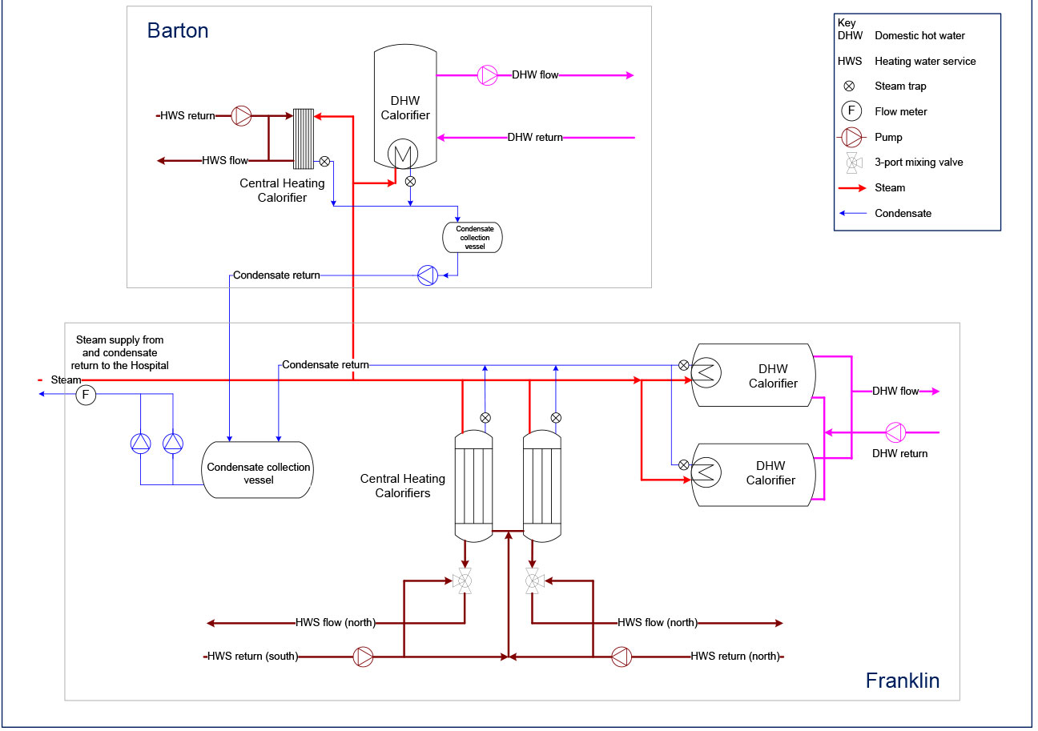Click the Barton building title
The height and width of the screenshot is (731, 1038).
click(178, 30)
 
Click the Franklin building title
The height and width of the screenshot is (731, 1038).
click(902, 681)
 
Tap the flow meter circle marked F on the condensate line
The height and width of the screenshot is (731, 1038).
click(86, 395)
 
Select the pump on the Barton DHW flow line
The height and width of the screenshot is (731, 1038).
click(487, 75)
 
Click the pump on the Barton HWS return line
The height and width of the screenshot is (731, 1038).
click(242, 116)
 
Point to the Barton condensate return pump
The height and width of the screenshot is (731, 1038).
click(428, 275)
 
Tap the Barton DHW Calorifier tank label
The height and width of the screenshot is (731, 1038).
click(405, 108)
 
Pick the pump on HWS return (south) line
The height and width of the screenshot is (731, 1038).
click(364, 657)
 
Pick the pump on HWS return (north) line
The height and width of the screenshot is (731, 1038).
click(621, 657)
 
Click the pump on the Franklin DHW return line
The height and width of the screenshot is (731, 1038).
click(895, 432)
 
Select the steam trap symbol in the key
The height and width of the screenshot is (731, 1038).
click(850, 86)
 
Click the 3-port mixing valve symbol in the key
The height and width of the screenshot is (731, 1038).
click(852, 163)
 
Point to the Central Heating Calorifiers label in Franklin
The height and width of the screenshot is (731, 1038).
click(403, 486)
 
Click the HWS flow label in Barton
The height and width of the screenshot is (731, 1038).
click(225, 161)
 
